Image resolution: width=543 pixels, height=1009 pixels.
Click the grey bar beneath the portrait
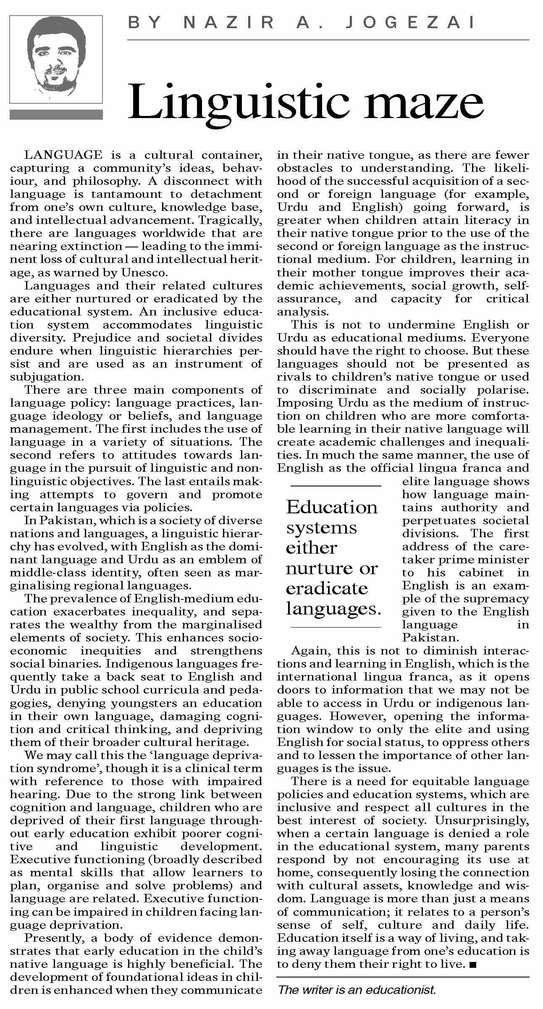56,115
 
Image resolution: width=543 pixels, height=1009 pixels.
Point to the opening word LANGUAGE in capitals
63,155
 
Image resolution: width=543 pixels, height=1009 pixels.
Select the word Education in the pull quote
332,507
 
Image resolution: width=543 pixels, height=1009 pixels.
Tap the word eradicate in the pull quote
327,589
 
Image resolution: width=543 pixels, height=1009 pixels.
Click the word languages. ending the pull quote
333,609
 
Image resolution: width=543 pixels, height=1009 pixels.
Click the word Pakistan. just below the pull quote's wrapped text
430,638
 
